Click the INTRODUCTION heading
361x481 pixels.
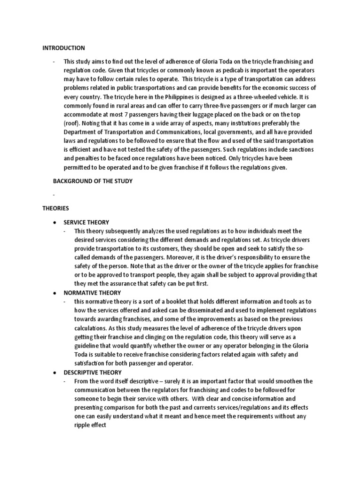click(64, 48)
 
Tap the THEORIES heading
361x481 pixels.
click(55, 207)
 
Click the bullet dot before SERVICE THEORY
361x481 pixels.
click(55, 222)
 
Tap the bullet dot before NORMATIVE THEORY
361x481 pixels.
click(55, 293)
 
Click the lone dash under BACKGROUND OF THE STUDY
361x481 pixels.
click(55, 194)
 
